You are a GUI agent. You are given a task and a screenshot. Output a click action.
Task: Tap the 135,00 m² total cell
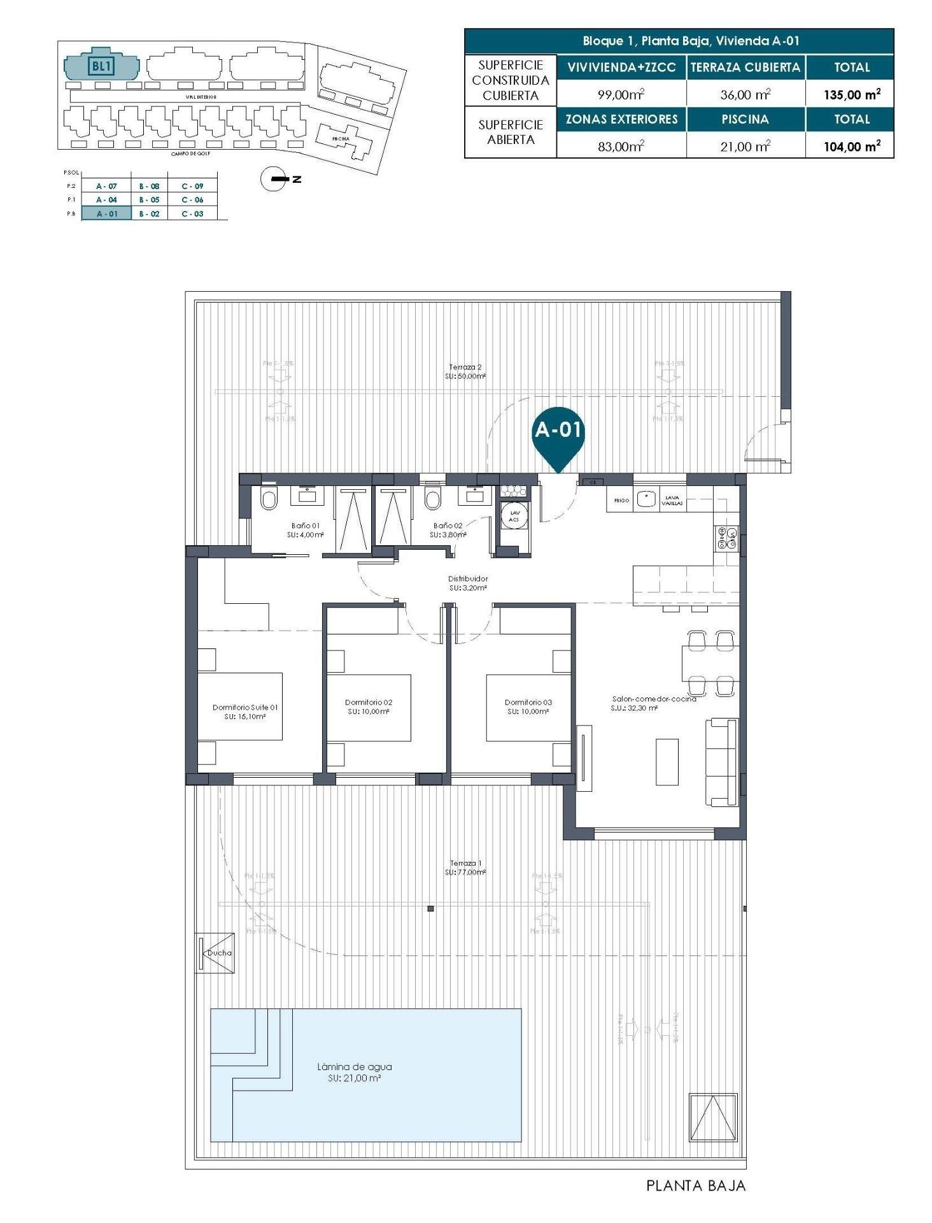(851, 94)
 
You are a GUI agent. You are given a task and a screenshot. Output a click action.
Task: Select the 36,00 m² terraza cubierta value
(745, 95)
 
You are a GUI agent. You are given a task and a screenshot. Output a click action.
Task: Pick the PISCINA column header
(745, 119)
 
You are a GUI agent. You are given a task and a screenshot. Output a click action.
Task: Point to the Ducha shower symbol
(215, 953)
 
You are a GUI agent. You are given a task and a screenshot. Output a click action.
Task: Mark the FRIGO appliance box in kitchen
(621, 501)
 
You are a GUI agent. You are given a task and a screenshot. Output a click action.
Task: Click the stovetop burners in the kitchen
(726, 538)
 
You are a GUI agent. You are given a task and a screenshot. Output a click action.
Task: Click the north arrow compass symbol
(274, 179)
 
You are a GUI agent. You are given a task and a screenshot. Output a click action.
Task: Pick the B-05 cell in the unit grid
(149, 200)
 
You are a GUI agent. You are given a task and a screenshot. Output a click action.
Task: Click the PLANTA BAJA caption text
(695, 1186)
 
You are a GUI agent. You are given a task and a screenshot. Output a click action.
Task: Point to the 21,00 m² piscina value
(745, 147)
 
